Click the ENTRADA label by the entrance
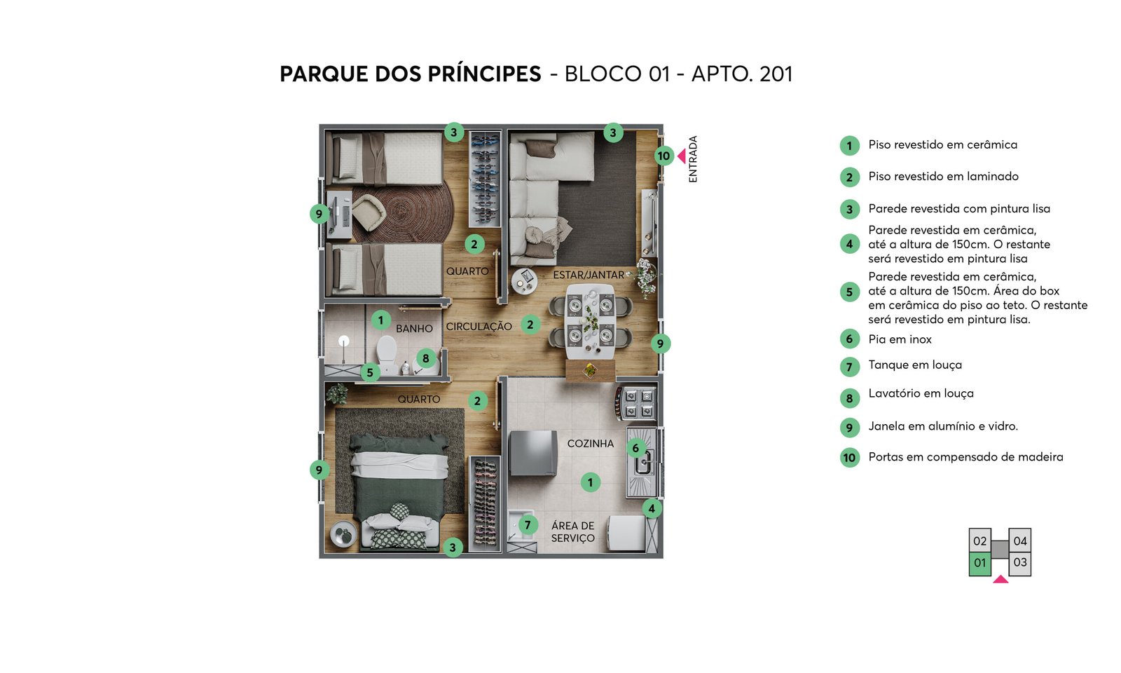[693, 158]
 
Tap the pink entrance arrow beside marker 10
[682, 156]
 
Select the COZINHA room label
[591, 444]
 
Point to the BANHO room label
[414, 329]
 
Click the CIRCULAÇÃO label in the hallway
[479, 327]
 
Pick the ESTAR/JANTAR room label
[589, 275]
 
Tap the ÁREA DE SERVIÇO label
[573, 532]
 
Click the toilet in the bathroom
[387, 353]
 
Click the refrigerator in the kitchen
[533, 453]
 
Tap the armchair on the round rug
[369, 213]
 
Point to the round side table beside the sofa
[525, 281]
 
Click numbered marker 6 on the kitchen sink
[635, 448]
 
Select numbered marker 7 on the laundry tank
[528, 525]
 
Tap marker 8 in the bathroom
[426, 358]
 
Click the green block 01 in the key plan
[980, 564]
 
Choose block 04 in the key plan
[1020, 541]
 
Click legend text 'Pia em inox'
[900, 339]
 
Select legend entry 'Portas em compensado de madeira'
[966, 457]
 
